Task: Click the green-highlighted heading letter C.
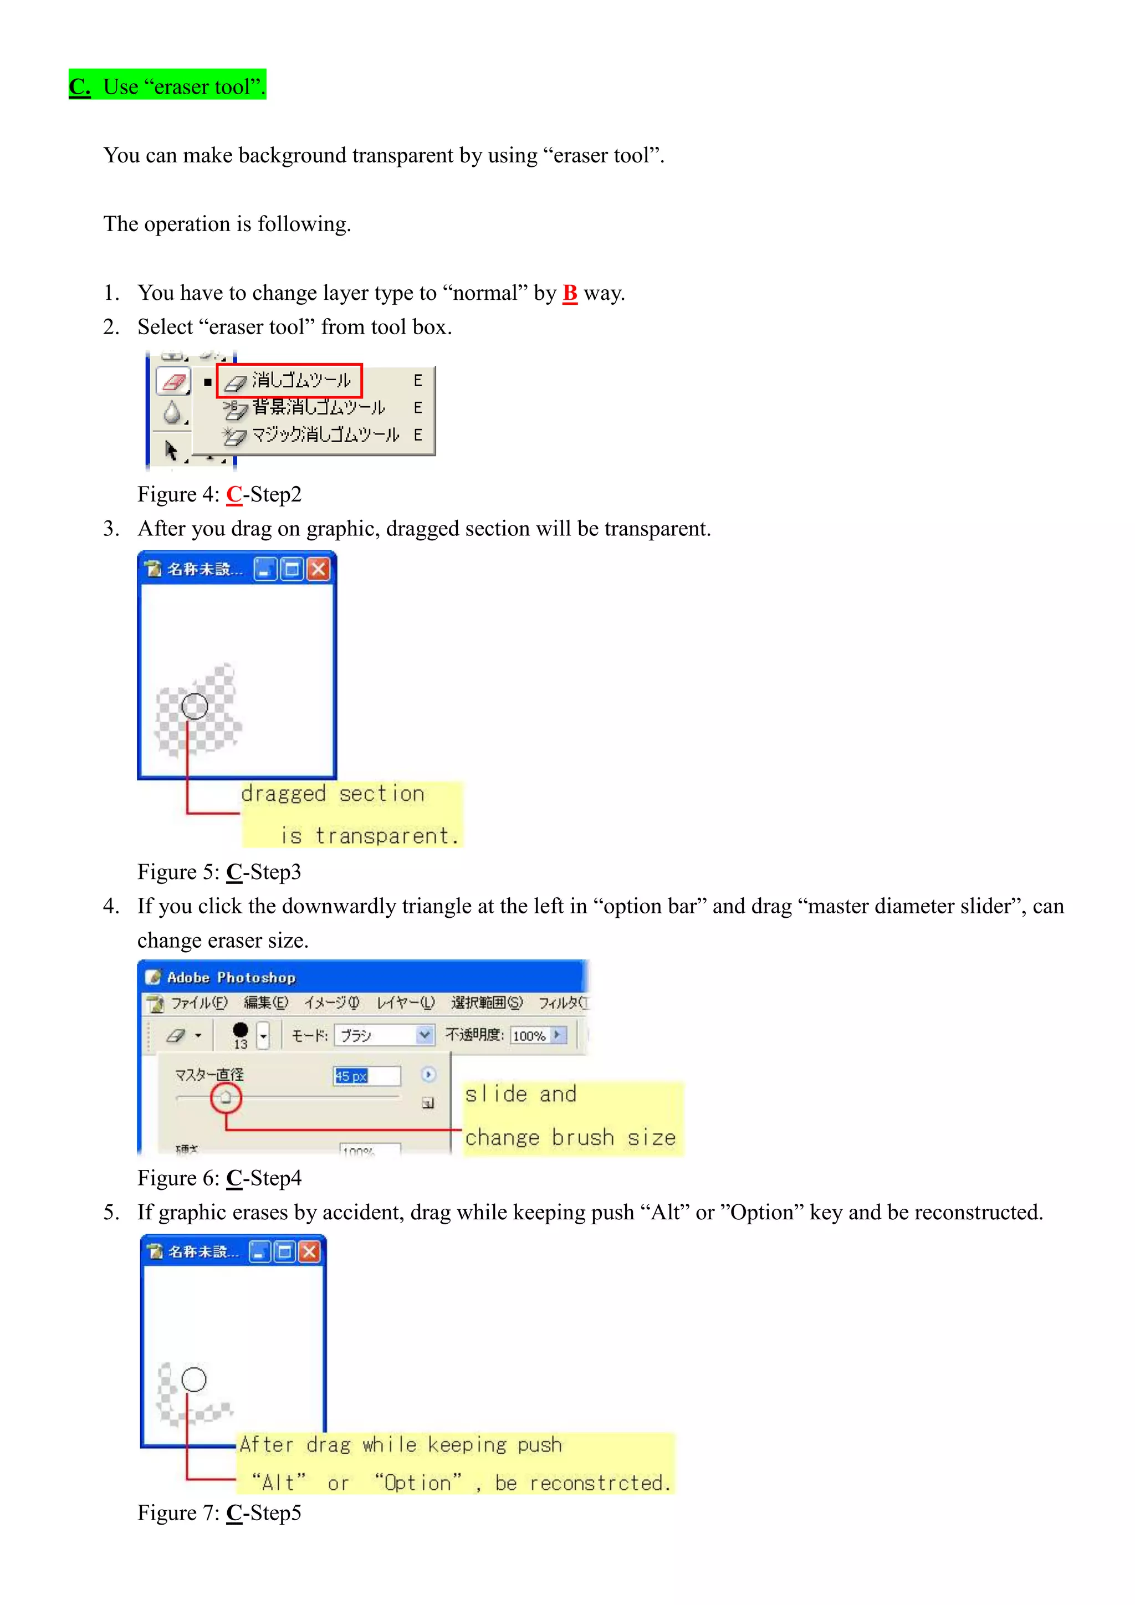pos(79,86)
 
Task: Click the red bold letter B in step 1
pos(570,293)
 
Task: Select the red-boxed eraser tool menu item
pos(289,381)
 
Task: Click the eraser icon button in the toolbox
pos(172,382)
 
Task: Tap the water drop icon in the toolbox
pos(172,413)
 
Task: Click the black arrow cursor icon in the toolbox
pos(171,449)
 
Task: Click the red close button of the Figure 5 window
pos(319,569)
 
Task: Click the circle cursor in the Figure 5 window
pos(195,706)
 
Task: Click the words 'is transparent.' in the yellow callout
pos(370,835)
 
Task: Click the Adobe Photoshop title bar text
pos(231,977)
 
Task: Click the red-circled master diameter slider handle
pos(226,1097)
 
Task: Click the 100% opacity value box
pos(529,1035)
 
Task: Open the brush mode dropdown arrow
pos(424,1035)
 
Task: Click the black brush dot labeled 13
pos(241,1030)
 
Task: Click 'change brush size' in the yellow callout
pos(570,1137)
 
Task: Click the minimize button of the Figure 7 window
pos(259,1251)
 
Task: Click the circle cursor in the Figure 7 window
pos(193,1379)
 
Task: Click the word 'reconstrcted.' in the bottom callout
pos(600,1483)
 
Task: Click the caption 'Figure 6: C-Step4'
pos(219,1178)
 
